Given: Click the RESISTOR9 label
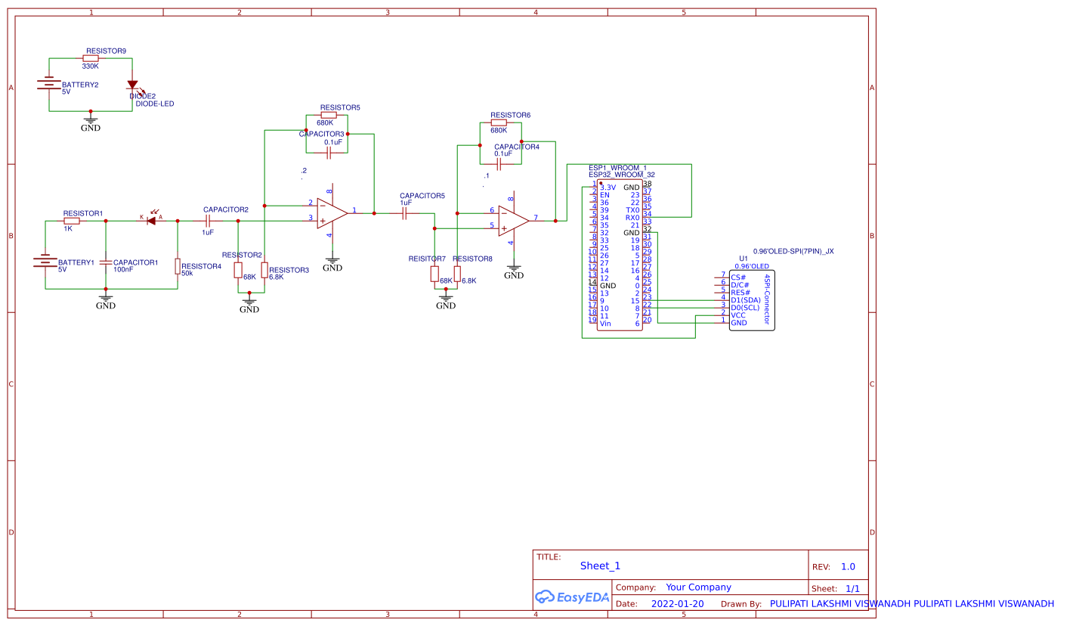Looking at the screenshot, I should point(106,51).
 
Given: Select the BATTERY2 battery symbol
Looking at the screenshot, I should point(49,84).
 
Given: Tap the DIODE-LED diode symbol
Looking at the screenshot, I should point(132,85).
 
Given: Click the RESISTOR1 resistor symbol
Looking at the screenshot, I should point(72,221).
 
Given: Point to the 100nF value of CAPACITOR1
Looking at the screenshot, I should point(123,269).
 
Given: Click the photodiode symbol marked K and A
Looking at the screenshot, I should point(151,221).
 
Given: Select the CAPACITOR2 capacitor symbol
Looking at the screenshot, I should point(207,221).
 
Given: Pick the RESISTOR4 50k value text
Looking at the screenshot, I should point(187,273).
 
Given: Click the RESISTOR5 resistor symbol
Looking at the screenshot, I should point(328,115).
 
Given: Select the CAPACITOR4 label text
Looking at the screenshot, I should point(517,147).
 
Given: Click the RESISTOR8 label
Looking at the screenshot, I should point(472,259).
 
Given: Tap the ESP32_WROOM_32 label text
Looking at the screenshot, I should point(621,175).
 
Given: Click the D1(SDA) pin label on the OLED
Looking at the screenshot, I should point(745,300).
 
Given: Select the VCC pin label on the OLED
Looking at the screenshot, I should point(737,315).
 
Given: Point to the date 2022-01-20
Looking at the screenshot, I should point(677,604).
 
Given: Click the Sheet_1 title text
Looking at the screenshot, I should point(600,566).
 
